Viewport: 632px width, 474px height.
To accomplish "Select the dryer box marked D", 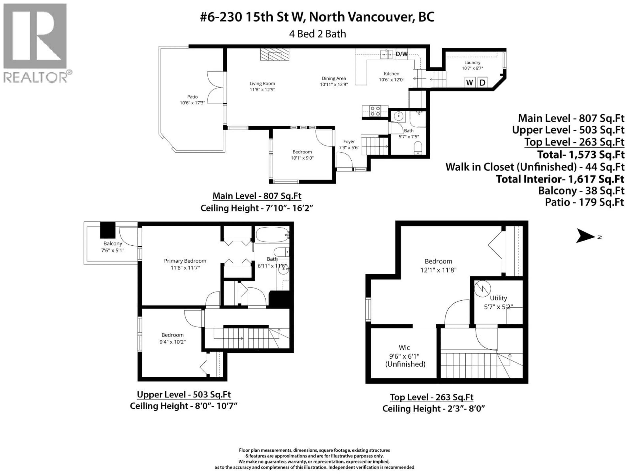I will [x=482, y=83].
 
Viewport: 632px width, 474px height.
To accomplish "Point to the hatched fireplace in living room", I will [x=275, y=54].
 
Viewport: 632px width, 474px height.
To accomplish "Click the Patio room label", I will [x=192, y=97].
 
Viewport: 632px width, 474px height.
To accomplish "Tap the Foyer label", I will [x=349, y=141].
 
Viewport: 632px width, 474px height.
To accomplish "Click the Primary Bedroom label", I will [x=185, y=261].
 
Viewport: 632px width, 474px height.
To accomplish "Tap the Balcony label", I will [x=113, y=243].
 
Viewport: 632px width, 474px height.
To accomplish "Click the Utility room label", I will [x=498, y=298].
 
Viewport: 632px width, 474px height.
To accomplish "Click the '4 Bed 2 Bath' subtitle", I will [x=317, y=34].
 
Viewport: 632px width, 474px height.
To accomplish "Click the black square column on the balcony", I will [x=108, y=230].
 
